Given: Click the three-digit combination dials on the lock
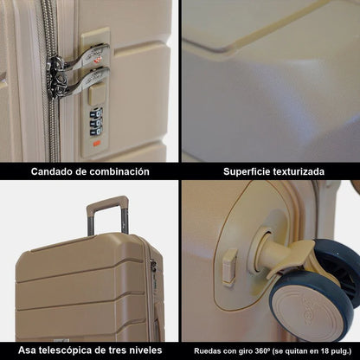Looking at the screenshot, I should point(96,119).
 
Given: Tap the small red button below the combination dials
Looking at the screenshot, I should point(97,141).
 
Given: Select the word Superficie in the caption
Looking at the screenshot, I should point(247,171).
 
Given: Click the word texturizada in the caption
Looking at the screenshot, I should point(299,171).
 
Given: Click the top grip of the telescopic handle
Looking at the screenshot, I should point(106,203).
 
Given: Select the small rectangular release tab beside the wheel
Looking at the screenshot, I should point(229,267).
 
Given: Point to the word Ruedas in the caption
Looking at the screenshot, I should point(209,350).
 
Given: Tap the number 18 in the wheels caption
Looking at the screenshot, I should point(328,350).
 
